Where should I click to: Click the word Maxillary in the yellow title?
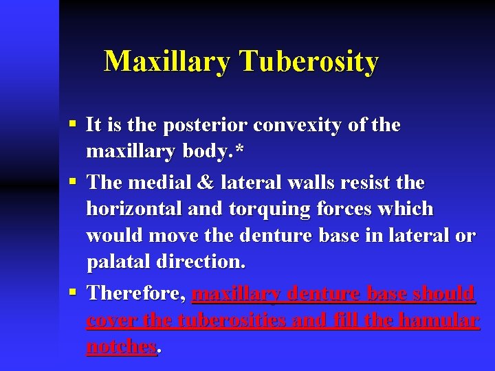tap(166, 63)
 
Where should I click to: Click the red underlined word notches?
tap(121, 347)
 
